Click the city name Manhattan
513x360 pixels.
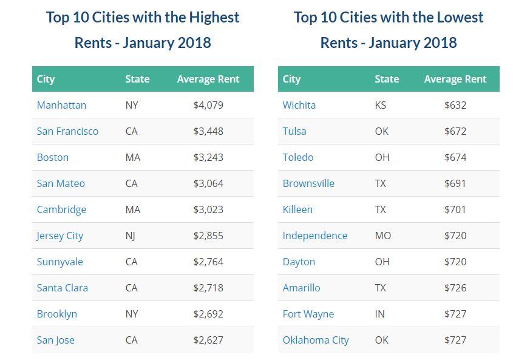point(61,105)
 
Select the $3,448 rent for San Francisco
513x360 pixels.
point(208,131)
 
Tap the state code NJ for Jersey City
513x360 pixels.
point(130,236)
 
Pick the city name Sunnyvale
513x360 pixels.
point(59,262)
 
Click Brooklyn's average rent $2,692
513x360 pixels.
point(208,314)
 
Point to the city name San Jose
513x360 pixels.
point(55,340)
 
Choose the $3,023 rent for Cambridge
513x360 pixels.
point(208,209)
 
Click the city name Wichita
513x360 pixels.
point(299,105)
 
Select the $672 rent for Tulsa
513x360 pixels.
point(455,131)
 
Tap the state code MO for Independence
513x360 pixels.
point(382,236)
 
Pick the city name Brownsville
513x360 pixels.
point(308,183)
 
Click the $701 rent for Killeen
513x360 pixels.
point(455,209)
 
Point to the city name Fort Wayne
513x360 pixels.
point(308,314)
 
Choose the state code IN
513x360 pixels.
point(379,314)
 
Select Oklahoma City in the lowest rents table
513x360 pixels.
point(316,340)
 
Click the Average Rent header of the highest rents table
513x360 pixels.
point(208,79)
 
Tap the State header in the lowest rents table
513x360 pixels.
point(387,79)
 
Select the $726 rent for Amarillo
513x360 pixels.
point(455,288)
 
